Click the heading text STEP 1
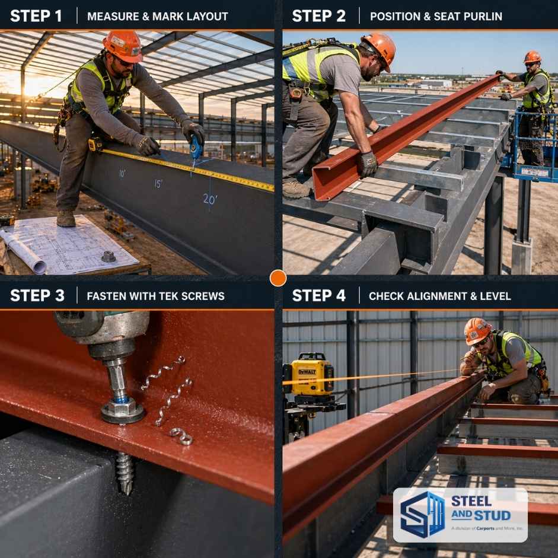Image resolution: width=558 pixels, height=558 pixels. tap(36, 16)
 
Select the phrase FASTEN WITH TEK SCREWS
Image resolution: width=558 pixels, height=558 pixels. tap(155, 296)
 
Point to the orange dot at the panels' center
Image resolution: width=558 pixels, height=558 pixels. tap(278, 278)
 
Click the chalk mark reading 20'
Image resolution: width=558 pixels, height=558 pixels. tap(210, 199)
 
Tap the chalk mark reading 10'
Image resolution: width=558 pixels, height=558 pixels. tap(122, 174)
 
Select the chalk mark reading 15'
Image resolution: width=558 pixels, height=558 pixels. tap(158, 183)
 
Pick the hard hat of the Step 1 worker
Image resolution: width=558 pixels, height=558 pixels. tap(123, 45)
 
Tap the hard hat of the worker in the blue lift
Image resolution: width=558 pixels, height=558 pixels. tap(532, 57)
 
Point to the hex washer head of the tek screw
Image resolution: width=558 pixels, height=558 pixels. tap(122, 409)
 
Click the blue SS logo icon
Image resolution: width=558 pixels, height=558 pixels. tap(422, 514)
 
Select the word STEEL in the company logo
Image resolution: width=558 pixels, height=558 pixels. tap(471, 500)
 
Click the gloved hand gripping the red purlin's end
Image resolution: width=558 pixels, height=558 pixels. tap(366, 164)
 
